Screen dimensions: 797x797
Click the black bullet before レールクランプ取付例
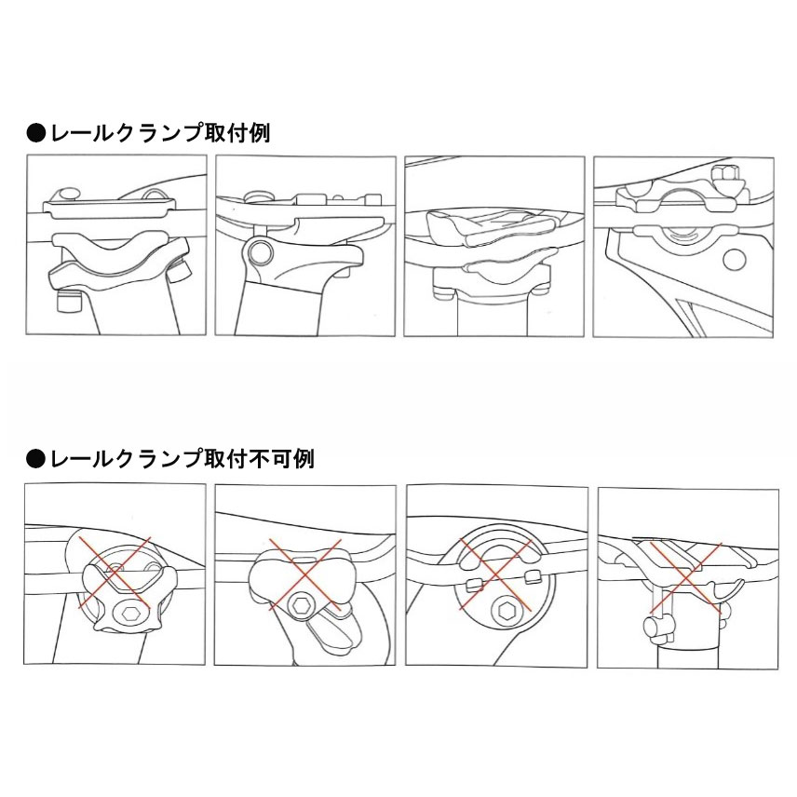click(x=34, y=133)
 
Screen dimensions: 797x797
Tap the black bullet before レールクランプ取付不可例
click(x=34, y=459)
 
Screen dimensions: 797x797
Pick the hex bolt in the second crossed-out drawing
click(x=301, y=606)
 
